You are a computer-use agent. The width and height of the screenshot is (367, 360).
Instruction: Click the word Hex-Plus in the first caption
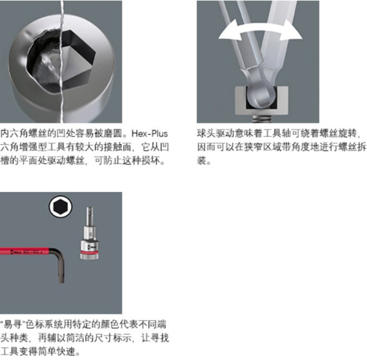(150, 133)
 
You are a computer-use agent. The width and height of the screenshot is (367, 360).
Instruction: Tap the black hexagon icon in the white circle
(60, 207)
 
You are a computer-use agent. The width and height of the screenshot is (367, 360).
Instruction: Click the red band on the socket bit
(89, 253)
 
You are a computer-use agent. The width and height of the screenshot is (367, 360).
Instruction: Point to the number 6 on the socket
(91, 234)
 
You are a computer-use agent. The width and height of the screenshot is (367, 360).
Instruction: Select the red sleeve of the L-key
(25, 252)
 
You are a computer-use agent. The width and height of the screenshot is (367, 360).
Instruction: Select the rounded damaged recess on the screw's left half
(45, 59)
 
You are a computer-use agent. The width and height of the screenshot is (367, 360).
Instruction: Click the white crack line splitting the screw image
(62, 61)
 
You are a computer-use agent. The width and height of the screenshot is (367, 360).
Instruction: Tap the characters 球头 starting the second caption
(206, 133)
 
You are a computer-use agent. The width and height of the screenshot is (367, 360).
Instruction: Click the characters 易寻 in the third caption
(12, 325)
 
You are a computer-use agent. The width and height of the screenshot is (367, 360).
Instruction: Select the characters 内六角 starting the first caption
(14, 133)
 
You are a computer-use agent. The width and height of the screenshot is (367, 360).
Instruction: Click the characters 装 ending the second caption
(202, 161)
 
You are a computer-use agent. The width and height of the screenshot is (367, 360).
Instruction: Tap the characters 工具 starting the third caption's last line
(9, 352)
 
